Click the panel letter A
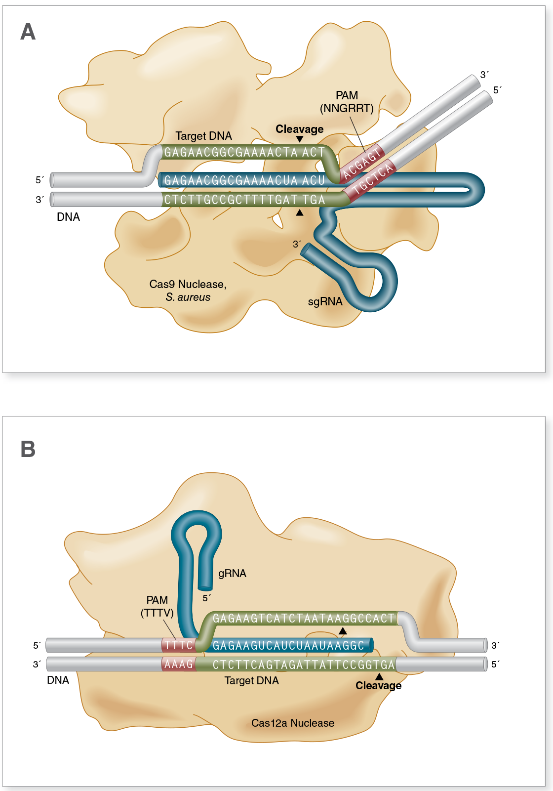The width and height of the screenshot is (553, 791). [x=28, y=32]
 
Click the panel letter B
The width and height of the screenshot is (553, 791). [x=28, y=449]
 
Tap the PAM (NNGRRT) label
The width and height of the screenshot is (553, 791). [x=347, y=102]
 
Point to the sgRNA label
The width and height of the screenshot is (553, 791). [x=325, y=301]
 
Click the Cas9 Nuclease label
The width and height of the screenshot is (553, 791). [x=188, y=285]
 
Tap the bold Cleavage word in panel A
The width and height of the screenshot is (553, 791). [x=299, y=129]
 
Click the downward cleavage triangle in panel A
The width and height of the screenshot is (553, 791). [x=300, y=139]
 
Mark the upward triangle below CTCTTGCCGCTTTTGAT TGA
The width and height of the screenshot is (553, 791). [x=300, y=212]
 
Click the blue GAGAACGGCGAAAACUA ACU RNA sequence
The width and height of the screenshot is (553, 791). [x=244, y=180]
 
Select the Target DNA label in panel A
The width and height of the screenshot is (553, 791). [x=203, y=136]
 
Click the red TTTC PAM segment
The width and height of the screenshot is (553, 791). [x=178, y=645]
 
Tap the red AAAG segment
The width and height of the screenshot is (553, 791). [x=178, y=664]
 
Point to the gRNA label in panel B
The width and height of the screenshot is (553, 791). [x=232, y=573]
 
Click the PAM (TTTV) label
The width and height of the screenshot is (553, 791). [x=157, y=606]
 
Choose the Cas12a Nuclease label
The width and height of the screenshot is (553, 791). [x=292, y=723]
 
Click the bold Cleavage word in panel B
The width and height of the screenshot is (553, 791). [x=378, y=685]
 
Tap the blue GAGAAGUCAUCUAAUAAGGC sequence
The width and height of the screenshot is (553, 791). [x=288, y=645]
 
